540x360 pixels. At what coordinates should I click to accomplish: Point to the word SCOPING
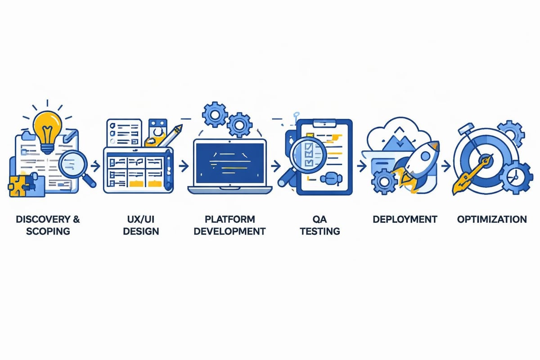coord(49,231)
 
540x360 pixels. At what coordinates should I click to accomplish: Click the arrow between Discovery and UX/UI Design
coord(95,166)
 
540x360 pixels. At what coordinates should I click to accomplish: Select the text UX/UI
coord(139,220)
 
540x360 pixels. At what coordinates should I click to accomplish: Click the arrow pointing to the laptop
coord(183,166)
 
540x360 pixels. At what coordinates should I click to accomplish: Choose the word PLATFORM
coord(229,220)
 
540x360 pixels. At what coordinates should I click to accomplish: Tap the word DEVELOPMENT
coord(229,231)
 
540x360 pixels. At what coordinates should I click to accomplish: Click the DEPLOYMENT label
coord(405,220)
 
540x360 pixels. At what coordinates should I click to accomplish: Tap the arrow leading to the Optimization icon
coord(445,166)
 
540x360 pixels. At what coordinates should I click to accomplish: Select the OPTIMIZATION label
coord(492,220)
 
